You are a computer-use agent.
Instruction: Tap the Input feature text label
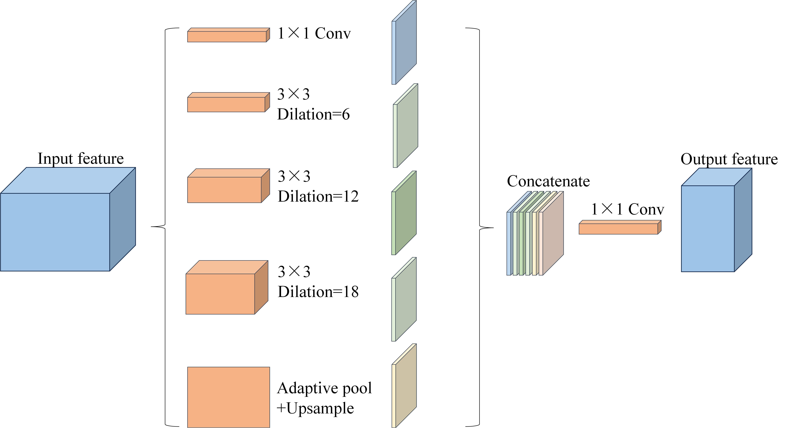pos(81,159)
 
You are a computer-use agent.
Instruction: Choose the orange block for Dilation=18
pos(227,287)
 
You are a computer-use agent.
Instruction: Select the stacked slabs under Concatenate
pos(535,233)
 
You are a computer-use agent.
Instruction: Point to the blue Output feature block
pos(716,220)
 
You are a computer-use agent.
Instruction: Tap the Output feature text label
pos(729,159)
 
